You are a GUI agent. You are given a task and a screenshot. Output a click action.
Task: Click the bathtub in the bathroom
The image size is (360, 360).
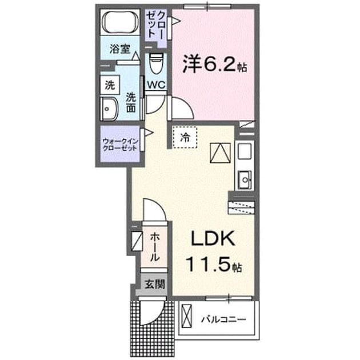120,22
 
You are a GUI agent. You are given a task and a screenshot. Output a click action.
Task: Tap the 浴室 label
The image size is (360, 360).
120,49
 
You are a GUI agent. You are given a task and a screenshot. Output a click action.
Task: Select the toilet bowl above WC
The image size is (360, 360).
156,63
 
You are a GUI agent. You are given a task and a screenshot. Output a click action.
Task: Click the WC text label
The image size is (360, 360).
156,85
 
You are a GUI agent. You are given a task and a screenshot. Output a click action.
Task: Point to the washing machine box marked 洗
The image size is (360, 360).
110,85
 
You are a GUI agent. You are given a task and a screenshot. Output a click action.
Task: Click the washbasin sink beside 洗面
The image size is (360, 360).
109,109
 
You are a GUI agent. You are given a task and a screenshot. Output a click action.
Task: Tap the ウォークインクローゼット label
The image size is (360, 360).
121,145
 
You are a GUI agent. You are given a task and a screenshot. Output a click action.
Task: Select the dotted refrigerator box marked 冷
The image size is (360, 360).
185,137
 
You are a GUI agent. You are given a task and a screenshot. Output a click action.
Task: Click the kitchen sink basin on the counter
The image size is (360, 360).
245,180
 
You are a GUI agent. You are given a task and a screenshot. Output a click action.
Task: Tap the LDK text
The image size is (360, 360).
213,238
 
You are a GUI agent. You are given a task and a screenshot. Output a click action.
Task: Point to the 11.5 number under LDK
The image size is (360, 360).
209,264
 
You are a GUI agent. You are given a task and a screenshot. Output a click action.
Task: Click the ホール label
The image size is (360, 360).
154,247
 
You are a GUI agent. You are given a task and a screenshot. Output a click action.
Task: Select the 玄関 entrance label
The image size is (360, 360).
154,285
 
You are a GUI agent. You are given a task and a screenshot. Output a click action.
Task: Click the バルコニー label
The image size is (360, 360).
223,319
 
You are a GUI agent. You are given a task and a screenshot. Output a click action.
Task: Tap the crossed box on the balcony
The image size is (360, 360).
186,316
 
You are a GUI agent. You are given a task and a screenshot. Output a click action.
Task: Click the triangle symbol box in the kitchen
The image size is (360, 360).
220,153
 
